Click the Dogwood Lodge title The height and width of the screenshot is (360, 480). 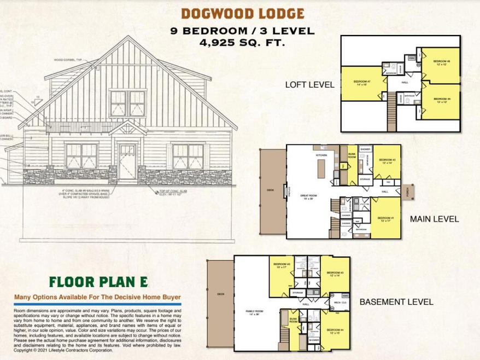[242, 13]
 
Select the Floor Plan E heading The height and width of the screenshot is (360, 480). [98, 282]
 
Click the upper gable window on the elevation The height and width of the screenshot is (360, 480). [125, 103]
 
